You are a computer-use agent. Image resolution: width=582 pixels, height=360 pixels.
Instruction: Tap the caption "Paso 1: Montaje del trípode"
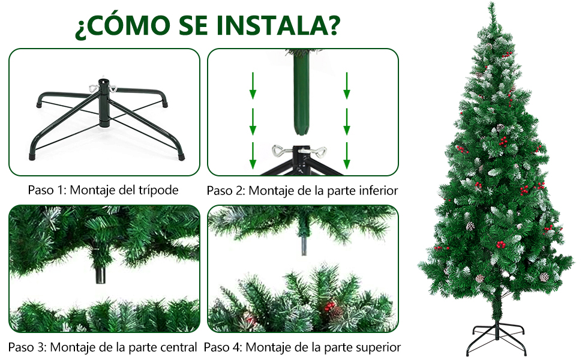coord(103,190)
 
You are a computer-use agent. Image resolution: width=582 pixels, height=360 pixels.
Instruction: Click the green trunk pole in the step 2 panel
coord(301,93)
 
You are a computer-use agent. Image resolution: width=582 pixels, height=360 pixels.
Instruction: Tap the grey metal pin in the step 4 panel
coord(304,246)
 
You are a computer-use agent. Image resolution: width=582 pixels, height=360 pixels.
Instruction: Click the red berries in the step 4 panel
coord(329,307)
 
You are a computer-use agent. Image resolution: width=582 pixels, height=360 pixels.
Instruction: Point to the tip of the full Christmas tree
coord(492,3)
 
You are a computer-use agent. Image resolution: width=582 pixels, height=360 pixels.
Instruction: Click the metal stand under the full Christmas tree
coord(497,338)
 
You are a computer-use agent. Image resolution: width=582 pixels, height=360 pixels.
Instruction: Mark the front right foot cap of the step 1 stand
coord(181,157)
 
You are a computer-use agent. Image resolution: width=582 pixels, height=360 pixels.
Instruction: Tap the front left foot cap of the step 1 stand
coord(32,156)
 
